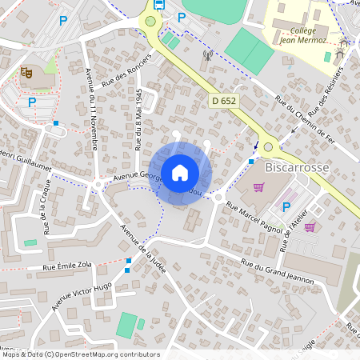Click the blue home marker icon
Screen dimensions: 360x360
click(180, 172)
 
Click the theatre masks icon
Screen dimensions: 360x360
click(26, 73)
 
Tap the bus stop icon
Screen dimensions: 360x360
click(158, 5)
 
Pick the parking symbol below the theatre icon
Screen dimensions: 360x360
click(32, 102)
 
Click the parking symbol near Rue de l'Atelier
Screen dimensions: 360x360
click(286, 207)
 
